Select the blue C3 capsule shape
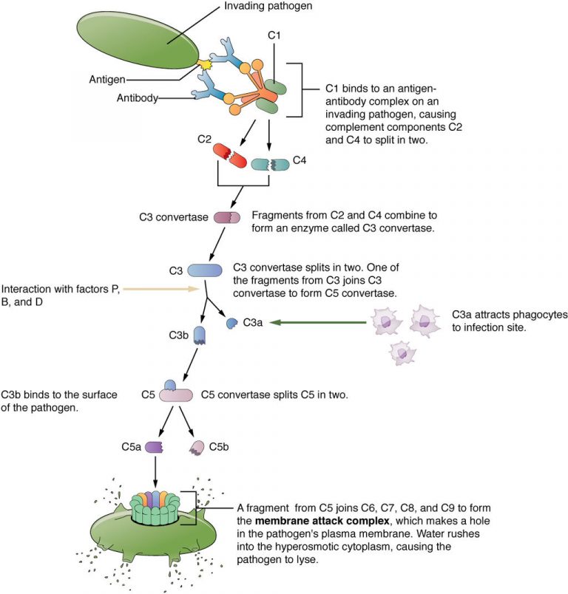tap(203, 271)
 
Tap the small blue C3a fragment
tap(231, 323)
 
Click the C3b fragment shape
tap(199, 336)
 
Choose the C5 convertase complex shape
tap(175, 395)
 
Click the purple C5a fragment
tap(154, 448)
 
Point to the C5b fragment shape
tap(197, 447)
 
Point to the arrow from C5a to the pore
tap(155, 473)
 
